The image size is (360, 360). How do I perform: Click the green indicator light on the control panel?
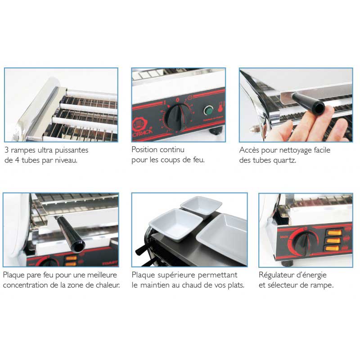(208, 110)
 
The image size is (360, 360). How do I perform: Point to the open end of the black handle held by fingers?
(319, 108)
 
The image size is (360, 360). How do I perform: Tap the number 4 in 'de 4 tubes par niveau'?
(17, 160)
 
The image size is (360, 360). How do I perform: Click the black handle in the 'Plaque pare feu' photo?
(71, 233)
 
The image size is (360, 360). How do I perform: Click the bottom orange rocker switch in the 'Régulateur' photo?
(332, 248)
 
